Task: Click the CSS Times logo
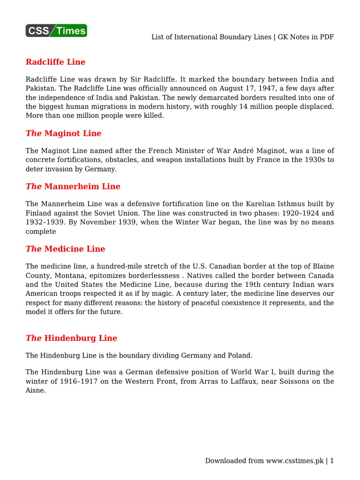56,30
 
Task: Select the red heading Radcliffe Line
55,62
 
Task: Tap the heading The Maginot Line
63,133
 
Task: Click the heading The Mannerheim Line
73,186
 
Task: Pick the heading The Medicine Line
65,249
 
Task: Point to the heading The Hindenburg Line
71,338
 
